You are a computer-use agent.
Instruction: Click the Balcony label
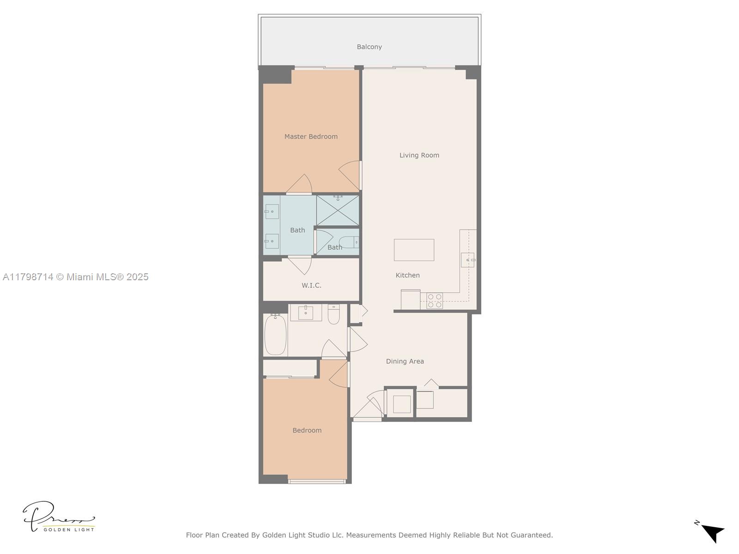pyautogui.click(x=369, y=47)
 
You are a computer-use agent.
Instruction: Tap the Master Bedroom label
pyautogui.click(x=311, y=137)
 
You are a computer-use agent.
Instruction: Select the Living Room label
pyautogui.click(x=419, y=155)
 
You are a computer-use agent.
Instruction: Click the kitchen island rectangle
pyautogui.click(x=414, y=250)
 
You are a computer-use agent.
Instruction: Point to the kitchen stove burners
pyautogui.click(x=435, y=301)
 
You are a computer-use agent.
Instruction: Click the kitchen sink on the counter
pyautogui.click(x=467, y=260)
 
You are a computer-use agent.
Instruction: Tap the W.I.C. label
pyautogui.click(x=311, y=285)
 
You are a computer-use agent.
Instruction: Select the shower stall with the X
pyautogui.click(x=338, y=211)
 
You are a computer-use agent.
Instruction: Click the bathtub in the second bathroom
pyautogui.click(x=275, y=334)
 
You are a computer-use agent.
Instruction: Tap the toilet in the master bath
pyautogui.click(x=349, y=242)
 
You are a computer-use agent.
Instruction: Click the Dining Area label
pyautogui.click(x=405, y=361)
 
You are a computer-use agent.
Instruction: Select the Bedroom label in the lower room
pyautogui.click(x=307, y=430)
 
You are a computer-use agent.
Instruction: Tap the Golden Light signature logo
pyautogui.click(x=59, y=517)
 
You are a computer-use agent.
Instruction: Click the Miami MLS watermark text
pyautogui.click(x=76, y=277)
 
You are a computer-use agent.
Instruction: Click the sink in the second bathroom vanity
pyautogui.click(x=305, y=313)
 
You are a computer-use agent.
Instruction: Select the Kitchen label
pyautogui.click(x=407, y=275)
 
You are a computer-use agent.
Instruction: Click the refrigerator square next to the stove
pyautogui.click(x=410, y=300)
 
